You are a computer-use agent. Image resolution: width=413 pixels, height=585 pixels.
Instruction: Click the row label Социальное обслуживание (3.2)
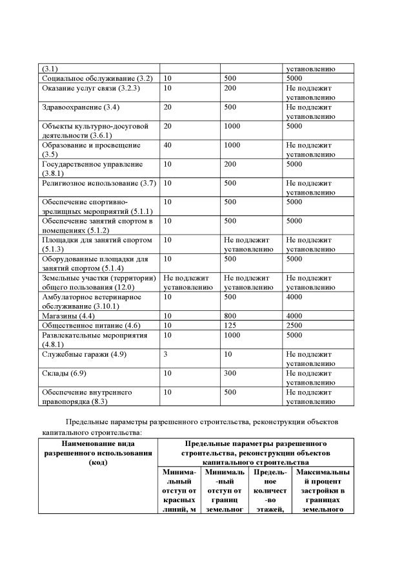click(x=97, y=78)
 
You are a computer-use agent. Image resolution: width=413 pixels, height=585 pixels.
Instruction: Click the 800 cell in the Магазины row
click(x=232, y=315)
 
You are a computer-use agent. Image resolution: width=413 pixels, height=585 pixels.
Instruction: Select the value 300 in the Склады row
click(x=232, y=373)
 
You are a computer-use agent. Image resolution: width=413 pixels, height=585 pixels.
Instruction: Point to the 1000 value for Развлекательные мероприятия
click(x=234, y=335)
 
